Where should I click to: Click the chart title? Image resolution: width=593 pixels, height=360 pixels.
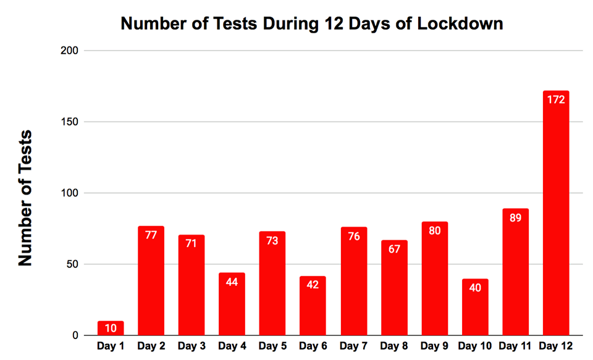click(x=311, y=23)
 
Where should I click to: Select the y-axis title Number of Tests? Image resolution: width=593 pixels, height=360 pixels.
click(x=25, y=198)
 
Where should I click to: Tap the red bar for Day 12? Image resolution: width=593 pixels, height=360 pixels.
click(x=556, y=216)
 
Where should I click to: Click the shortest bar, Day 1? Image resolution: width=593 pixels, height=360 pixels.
click(x=111, y=329)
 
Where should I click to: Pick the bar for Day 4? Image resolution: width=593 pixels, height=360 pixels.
click(x=232, y=306)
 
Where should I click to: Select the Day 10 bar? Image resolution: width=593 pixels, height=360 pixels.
click(x=475, y=309)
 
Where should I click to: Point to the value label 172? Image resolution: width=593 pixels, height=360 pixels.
click(x=556, y=99)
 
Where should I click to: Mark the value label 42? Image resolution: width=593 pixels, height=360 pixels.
click(x=313, y=285)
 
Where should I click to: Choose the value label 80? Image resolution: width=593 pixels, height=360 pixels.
click(x=434, y=230)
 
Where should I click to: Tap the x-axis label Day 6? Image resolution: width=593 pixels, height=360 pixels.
click(x=313, y=346)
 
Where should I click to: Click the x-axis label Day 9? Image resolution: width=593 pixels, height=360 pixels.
click(x=434, y=346)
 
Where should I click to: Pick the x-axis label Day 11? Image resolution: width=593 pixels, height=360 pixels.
click(x=515, y=346)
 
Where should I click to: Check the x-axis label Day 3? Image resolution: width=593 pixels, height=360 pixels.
click(x=191, y=346)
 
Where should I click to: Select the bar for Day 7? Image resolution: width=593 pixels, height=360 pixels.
click(x=353, y=284)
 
